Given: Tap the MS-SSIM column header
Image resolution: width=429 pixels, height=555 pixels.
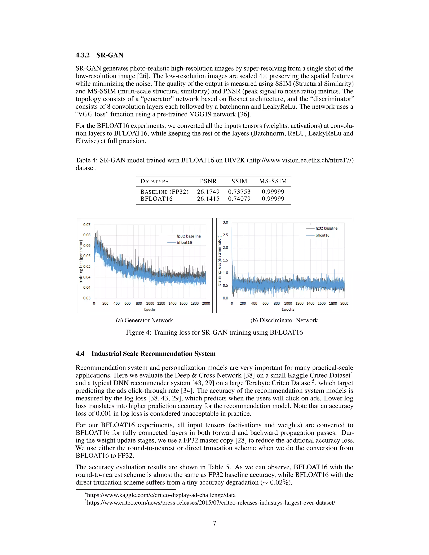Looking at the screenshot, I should pos(273,181).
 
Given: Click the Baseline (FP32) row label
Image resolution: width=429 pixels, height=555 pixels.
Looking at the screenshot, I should pos(164,192).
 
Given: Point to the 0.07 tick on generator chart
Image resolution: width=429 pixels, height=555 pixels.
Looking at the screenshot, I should pos(87,225).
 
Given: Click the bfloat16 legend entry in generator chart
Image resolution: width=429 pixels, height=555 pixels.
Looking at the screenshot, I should pos(184,243).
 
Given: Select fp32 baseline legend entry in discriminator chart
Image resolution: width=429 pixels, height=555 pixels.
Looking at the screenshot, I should pos(326,228).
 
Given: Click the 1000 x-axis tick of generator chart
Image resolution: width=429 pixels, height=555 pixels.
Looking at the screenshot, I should pos(150,303).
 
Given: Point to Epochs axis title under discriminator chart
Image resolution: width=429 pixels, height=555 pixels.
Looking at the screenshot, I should pos(288,309).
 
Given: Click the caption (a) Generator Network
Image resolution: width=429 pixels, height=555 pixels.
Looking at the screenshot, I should pos(144,320).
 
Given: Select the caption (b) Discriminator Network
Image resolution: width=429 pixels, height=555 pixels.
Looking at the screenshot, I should pos(284,320).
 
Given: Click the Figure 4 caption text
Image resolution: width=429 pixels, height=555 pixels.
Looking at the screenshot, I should pos(214,332).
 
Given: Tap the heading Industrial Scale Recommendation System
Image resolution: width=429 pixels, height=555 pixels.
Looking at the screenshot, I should pos(153,354).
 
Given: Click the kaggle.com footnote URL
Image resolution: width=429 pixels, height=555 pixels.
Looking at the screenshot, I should pos(161,495).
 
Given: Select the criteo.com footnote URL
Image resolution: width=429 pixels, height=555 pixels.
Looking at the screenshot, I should pos(211,503).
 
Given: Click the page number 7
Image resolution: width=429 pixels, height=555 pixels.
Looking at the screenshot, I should pos(214,523).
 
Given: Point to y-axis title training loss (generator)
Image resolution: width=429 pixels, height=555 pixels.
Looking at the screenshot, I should pos(81,262).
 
